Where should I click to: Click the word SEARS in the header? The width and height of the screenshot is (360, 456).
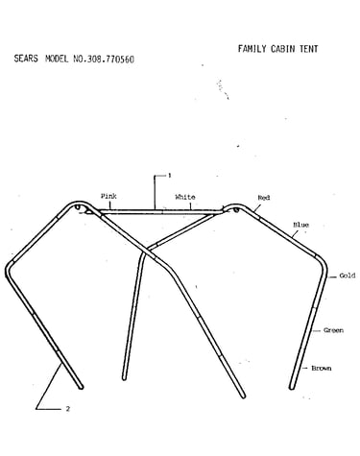click(26, 59)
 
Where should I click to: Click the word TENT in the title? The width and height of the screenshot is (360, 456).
click(309, 49)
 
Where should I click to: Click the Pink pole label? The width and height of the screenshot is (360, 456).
click(108, 196)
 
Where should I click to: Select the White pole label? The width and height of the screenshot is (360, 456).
click(185, 197)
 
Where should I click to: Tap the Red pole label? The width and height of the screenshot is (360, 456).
click(264, 198)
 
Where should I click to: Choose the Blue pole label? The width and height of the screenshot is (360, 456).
click(300, 225)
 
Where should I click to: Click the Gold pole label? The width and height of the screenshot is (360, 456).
click(348, 276)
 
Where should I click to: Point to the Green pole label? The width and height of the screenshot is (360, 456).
click(333, 330)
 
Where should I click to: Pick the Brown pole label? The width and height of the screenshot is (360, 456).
click(322, 369)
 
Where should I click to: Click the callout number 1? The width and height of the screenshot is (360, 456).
click(170, 176)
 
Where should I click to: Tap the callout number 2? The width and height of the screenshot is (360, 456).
click(67, 409)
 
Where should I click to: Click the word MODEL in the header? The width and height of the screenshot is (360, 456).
click(57, 59)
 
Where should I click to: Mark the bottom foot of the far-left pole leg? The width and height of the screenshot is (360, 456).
click(82, 387)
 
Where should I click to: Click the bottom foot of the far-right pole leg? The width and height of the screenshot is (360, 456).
click(292, 387)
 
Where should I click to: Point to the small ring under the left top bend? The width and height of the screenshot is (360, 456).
click(78, 207)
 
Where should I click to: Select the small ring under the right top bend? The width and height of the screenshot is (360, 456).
click(236, 210)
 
